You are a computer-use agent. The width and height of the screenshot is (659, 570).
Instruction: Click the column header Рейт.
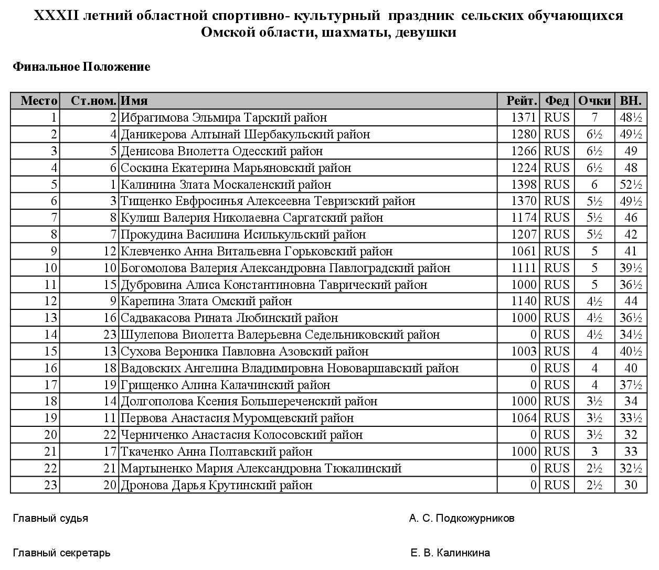[x=522, y=101]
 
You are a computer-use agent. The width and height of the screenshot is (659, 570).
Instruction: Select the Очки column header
[x=594, y=101]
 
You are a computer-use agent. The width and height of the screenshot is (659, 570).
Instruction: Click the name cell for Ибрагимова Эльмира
[x=224, y=117]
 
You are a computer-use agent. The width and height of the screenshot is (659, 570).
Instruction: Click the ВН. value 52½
[x=631, y=185]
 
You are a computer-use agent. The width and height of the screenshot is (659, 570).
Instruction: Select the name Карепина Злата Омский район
[x=206, y=301]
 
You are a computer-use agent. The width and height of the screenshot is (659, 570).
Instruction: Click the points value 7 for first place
[x=594, y=117]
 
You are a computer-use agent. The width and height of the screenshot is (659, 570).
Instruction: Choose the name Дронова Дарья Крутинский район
[x=217, y=485]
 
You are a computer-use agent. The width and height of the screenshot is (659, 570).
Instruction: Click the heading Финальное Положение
[x=81, y=67]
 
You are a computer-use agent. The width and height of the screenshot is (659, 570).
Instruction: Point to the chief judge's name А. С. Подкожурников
[x=462, y=519]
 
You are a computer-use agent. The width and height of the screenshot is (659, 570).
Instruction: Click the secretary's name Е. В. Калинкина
[x=450, y=553]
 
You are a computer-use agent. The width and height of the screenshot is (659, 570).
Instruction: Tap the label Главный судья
[x=50, y=519]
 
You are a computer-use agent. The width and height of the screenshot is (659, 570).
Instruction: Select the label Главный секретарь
[x=61, y=553]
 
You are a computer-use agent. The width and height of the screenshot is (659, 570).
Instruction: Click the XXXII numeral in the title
[x=57, y=16]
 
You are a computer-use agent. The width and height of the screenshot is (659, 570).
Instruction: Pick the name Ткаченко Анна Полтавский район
[x=217, y=451]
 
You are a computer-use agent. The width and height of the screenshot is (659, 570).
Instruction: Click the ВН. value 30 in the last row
[x=631, y=485]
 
